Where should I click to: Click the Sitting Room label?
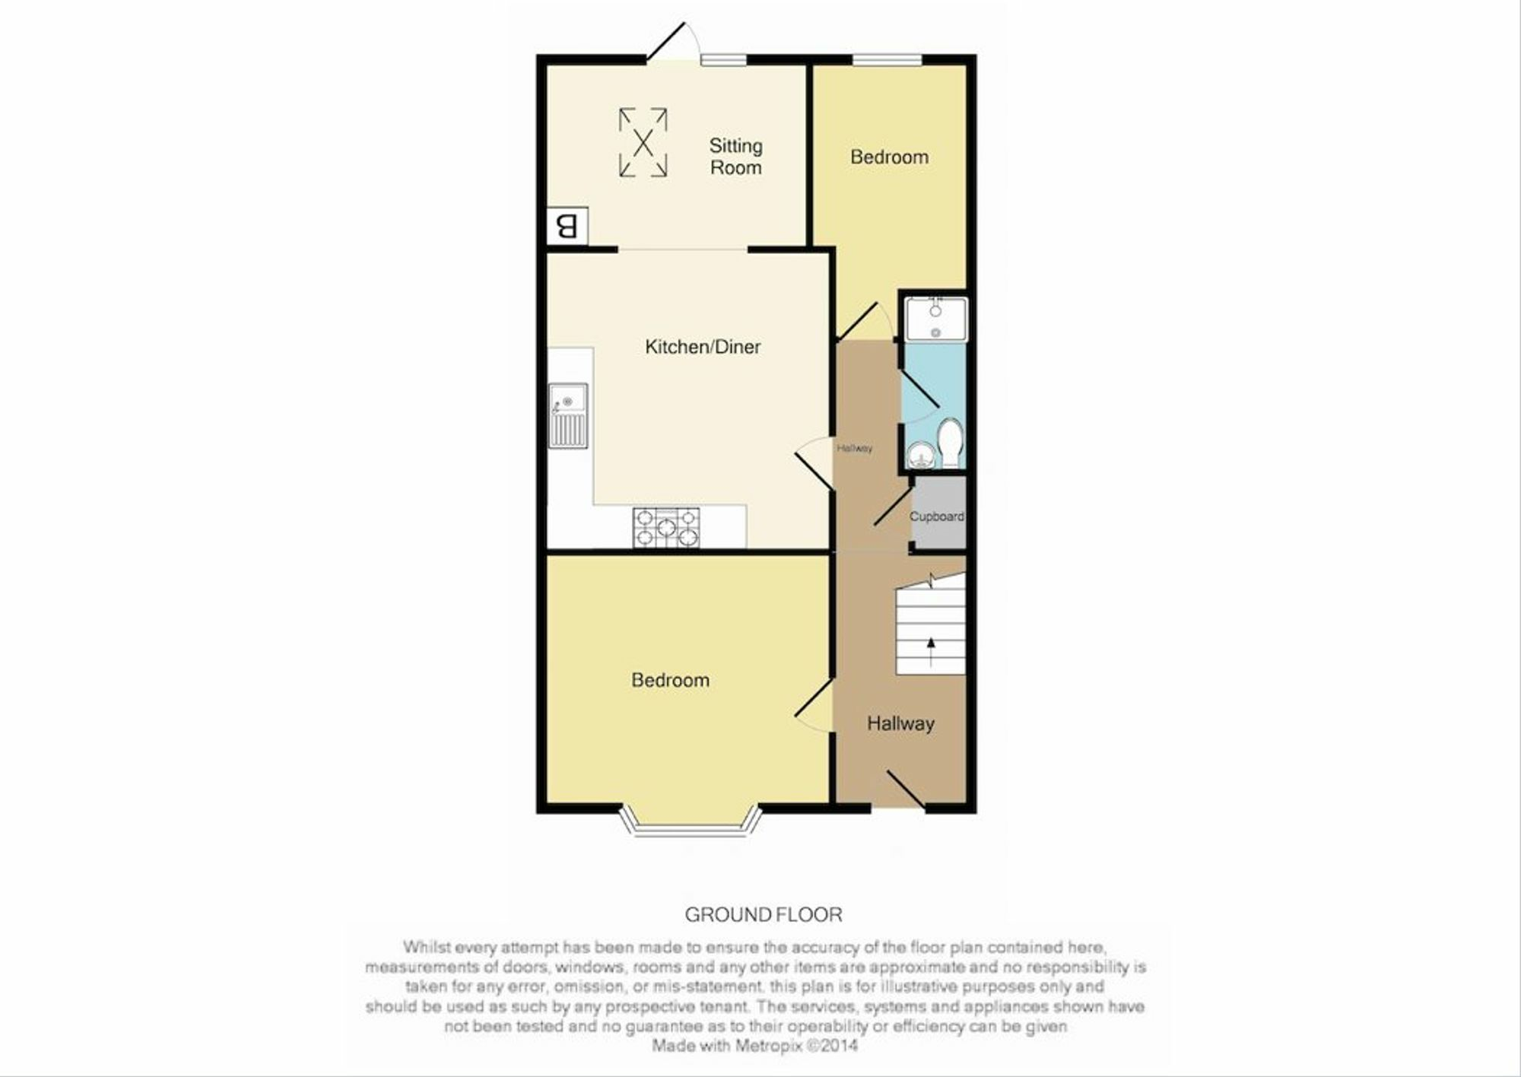tap(735, 157)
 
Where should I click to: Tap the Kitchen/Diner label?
tap(703, 347)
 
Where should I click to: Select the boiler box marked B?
tap(567, 226)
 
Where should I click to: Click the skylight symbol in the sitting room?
tap(643, 142)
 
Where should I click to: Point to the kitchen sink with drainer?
tap(568, 415)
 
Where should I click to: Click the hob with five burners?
tap(666, 527)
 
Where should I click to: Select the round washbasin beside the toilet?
tap(921, 454)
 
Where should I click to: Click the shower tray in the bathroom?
tap(935, 319)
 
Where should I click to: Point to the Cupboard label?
tap(937, 516)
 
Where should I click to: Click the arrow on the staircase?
tap(931, 651)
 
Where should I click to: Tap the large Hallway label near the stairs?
tap(900, 723)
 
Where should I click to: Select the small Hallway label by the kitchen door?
tap(854, 448)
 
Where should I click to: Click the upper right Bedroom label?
tap(889, 157)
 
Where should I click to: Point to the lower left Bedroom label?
tap(670, 680)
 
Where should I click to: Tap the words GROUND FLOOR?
tap(764, 914)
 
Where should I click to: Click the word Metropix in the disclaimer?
tap(768, 1046)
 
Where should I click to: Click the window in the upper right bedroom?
tap(887, 59)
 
